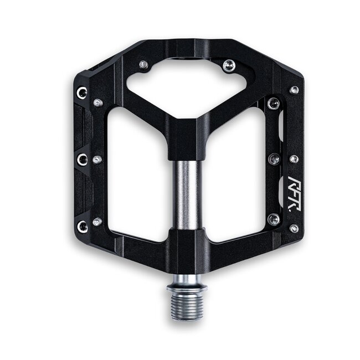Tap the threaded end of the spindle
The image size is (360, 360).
(187, 306)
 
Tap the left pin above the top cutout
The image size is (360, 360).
(143, 65)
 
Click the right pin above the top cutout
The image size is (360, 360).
(229, 66)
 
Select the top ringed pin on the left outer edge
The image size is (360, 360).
(82, 92)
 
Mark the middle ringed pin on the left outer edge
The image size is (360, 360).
(82, 160)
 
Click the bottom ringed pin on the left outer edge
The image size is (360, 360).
(82, 226)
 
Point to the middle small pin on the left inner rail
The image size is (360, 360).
(97, 160)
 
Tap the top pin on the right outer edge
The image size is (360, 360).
(294, 90)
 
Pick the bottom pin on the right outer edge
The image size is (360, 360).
(294, 228)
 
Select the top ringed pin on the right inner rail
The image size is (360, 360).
(273, 104)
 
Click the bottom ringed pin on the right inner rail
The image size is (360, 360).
(273, 219)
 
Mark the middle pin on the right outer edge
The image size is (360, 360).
(294, 159)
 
